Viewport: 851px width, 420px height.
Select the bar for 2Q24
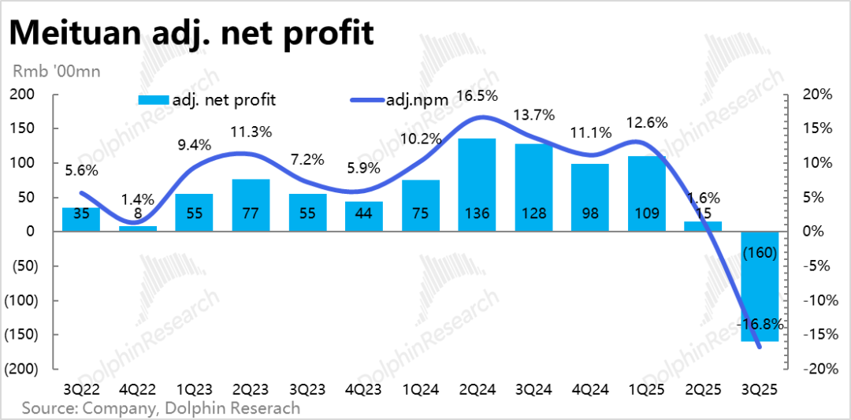coord(476,185)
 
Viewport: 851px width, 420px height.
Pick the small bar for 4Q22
coord(137,229)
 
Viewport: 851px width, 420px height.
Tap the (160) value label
coord(760,253)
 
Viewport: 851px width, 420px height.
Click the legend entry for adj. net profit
coord(206,100)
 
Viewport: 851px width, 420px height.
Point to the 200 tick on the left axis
coord(23,95)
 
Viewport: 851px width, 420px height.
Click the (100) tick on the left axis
coord(21,300)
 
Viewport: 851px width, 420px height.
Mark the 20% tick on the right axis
coord(818,95)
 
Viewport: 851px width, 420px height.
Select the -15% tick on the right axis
coord(816,335)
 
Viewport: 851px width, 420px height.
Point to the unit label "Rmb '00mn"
coord(57,71)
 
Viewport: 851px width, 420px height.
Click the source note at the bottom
coord(161,408)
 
